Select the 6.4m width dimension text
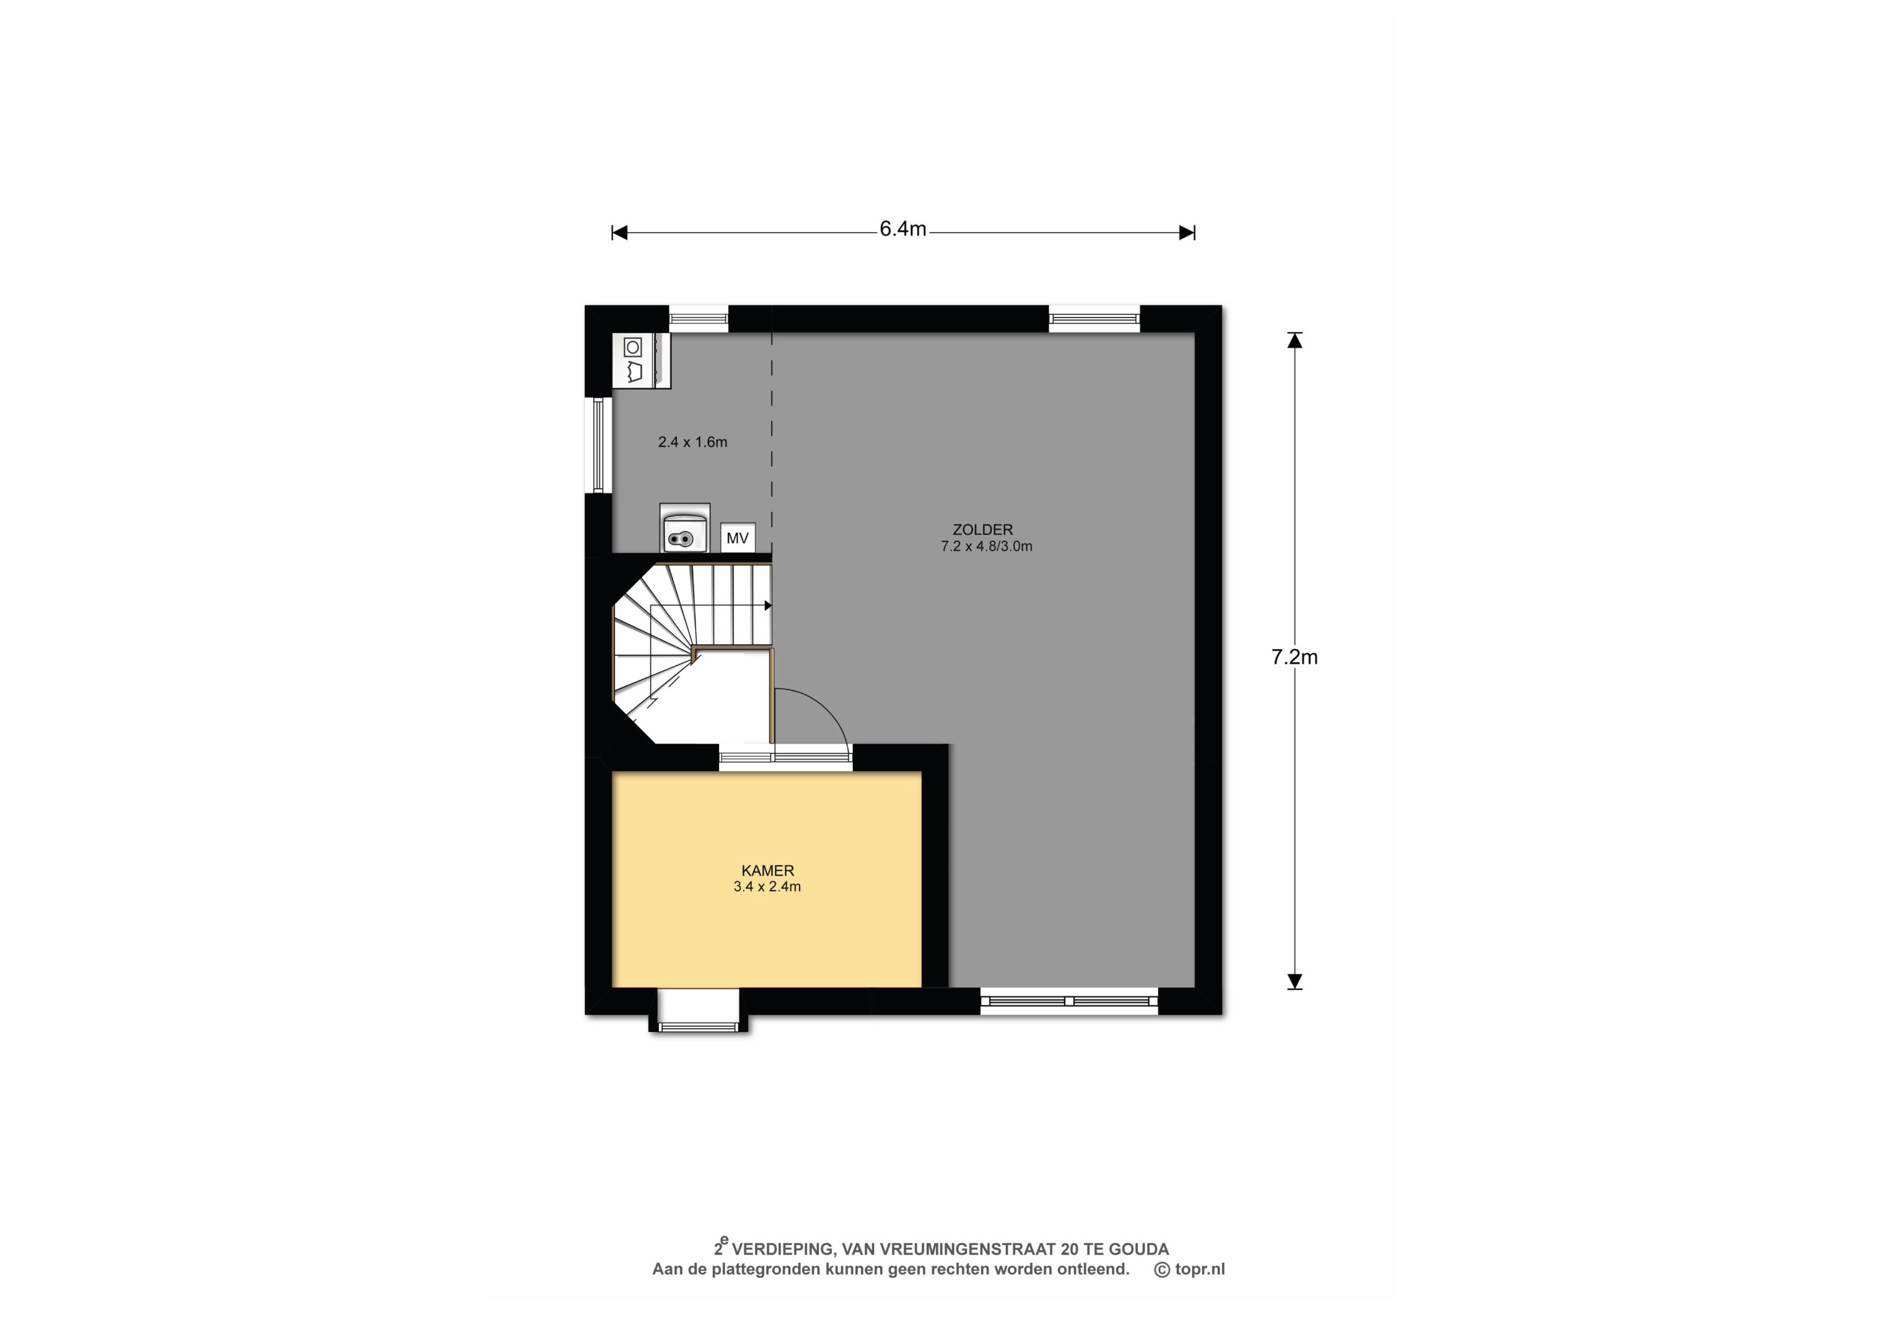coord(903,229)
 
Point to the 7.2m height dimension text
coord(1295,657)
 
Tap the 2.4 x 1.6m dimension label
coord(693,442)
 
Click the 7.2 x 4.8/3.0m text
coord(986,546)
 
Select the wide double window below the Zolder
coord(1069,1001)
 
